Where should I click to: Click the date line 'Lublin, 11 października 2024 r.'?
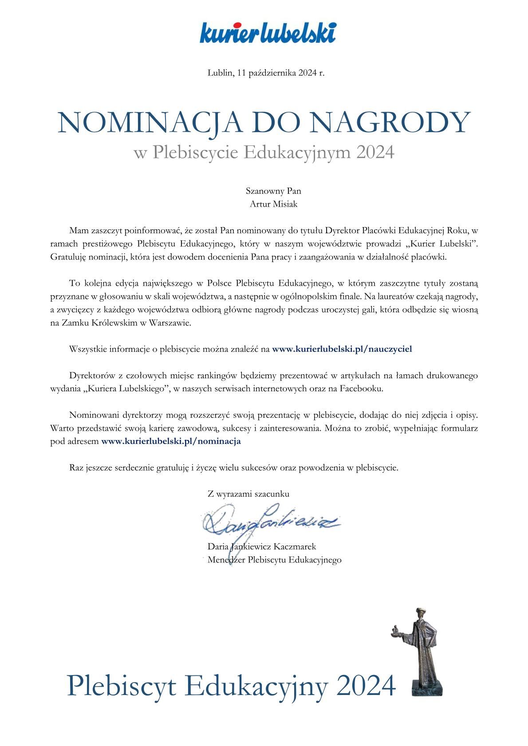click(266, 73)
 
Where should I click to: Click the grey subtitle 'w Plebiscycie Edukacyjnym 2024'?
click(264, 153)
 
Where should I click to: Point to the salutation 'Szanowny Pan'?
click(273, 191)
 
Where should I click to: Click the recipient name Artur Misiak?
click(273, 204)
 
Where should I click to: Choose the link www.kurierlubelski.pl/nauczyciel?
click(342, 349)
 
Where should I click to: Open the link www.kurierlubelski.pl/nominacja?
click(171, 441)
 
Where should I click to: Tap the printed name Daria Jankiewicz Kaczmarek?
click(262, 546)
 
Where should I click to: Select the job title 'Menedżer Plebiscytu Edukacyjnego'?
click(274, 560)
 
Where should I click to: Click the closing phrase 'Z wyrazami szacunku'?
click(248, 494)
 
